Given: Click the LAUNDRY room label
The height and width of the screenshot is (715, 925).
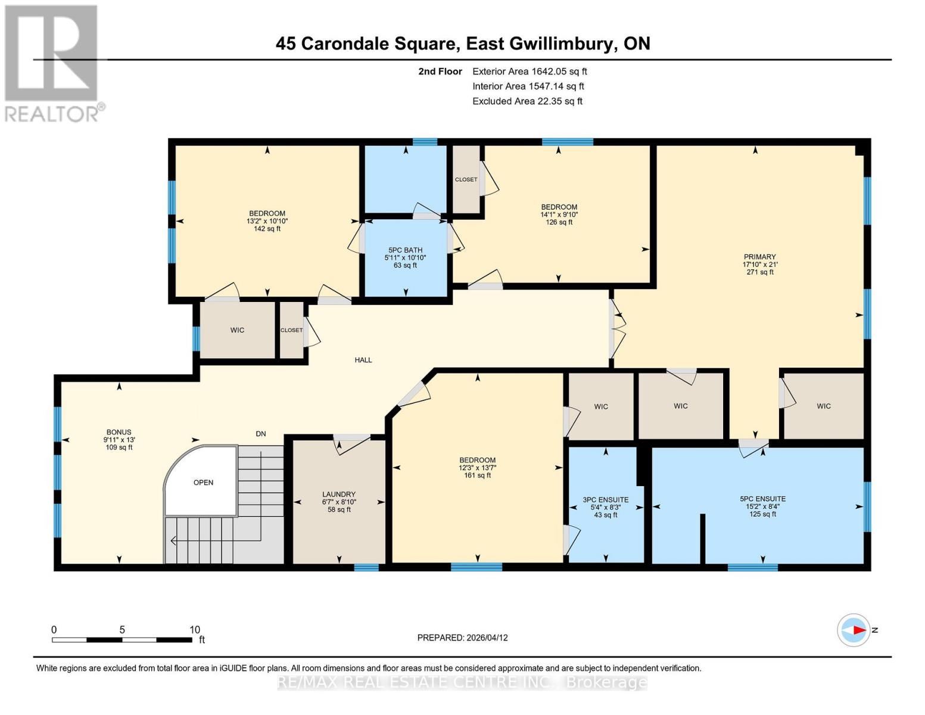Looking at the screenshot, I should (339, 494).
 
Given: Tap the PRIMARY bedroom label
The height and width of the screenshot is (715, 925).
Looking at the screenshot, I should (759, 257).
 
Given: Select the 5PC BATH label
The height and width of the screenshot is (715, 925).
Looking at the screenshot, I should (405, 250).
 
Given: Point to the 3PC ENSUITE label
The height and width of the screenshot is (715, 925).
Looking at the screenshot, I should (605, 500).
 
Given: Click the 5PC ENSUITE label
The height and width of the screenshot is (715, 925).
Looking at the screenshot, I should (762, 499).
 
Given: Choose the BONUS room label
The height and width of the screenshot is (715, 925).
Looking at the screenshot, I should (119, 432).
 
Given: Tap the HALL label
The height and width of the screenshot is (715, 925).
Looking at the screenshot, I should (363, 360).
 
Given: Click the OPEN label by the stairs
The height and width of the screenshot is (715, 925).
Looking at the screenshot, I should (203, 483).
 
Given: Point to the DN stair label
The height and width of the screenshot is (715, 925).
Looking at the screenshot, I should (261, 434).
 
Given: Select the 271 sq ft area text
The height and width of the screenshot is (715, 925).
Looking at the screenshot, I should (760, 272).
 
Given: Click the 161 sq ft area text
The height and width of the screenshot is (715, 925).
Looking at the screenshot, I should (478, 475).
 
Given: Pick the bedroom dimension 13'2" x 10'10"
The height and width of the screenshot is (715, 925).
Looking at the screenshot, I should (267, 221).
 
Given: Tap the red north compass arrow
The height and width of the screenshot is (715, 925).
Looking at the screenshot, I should (858, 630).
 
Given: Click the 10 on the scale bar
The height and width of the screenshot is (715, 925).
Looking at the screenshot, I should (194, 630).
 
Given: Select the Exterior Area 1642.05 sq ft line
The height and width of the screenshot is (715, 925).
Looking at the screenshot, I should (530, 71).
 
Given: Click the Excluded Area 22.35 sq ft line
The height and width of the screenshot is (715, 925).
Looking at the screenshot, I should (527, 101).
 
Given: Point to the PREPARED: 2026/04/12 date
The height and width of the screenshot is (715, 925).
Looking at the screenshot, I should (462, 638).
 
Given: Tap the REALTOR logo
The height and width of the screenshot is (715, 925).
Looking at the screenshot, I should (52, 63).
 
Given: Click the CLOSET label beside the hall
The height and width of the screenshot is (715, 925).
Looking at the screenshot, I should (291, 330).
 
